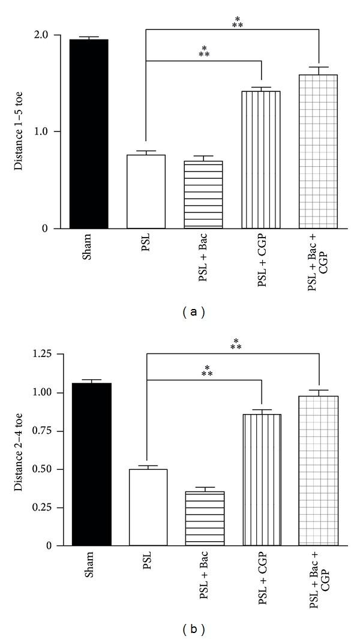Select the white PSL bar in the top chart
146,192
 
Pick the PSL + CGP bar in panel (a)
262,160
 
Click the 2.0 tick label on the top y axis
50,35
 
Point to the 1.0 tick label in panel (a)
50,131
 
